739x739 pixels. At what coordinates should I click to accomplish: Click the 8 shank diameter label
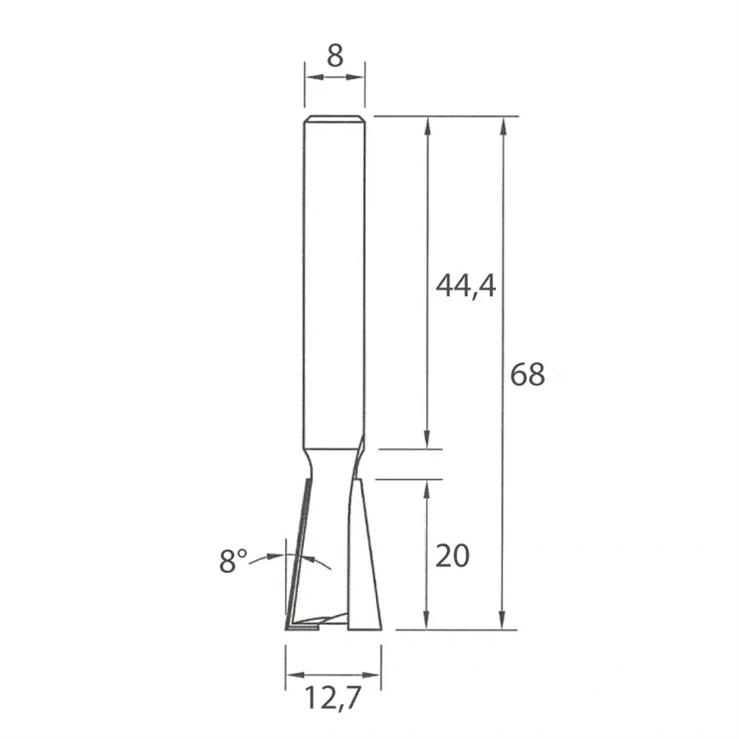[x=334, y=55]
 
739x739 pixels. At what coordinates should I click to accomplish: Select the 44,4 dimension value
[x=466, y=286]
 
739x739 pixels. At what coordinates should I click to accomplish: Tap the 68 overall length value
[x=527, y=374]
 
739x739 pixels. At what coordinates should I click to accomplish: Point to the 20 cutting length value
[x=452, y=556]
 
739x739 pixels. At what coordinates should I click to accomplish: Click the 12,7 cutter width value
[x=333, y=700]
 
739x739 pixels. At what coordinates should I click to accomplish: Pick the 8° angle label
[x=233, y=562]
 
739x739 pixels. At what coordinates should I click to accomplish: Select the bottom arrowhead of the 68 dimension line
[x=503, y=623]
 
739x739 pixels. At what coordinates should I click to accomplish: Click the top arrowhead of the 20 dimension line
[x=427, y=486]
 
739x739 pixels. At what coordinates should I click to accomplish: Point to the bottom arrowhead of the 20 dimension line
[x=427, y=623]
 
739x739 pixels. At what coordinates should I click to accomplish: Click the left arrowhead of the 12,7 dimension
[x=291, y=675]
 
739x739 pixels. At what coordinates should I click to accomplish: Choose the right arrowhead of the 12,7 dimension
[x=374, y=675]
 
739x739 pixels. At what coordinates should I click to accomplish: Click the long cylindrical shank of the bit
[x=333, y=279]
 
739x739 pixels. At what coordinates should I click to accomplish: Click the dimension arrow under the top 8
[x=334, y=77]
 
